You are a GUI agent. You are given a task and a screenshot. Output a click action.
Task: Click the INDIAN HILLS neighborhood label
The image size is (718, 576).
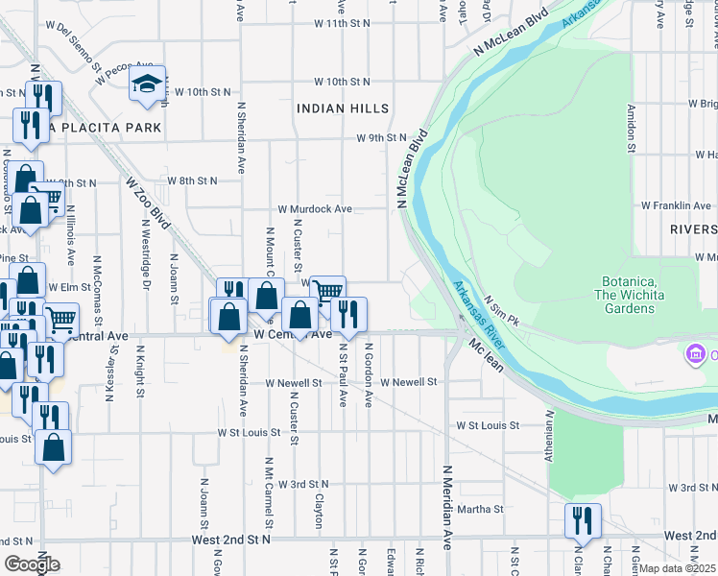point(343,108)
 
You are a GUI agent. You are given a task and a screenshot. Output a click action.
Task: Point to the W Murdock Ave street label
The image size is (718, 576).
point(316,208)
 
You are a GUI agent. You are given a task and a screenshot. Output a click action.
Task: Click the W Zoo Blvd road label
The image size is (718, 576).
point(148,204)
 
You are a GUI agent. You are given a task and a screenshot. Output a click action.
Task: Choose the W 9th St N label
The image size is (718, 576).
point(382,138)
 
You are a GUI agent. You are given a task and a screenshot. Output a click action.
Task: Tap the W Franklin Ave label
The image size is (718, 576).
point(676,205)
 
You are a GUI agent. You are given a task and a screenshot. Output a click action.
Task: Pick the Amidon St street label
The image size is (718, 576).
point(632,129)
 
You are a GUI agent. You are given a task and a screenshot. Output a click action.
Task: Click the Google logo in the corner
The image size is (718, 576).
point(31,564)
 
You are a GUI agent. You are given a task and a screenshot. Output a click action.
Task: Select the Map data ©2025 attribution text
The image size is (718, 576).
point(677,568)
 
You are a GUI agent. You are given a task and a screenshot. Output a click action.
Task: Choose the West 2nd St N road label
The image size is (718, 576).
point(231,540)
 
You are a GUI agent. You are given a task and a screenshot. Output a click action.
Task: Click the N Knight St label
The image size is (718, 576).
point(140,372)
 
